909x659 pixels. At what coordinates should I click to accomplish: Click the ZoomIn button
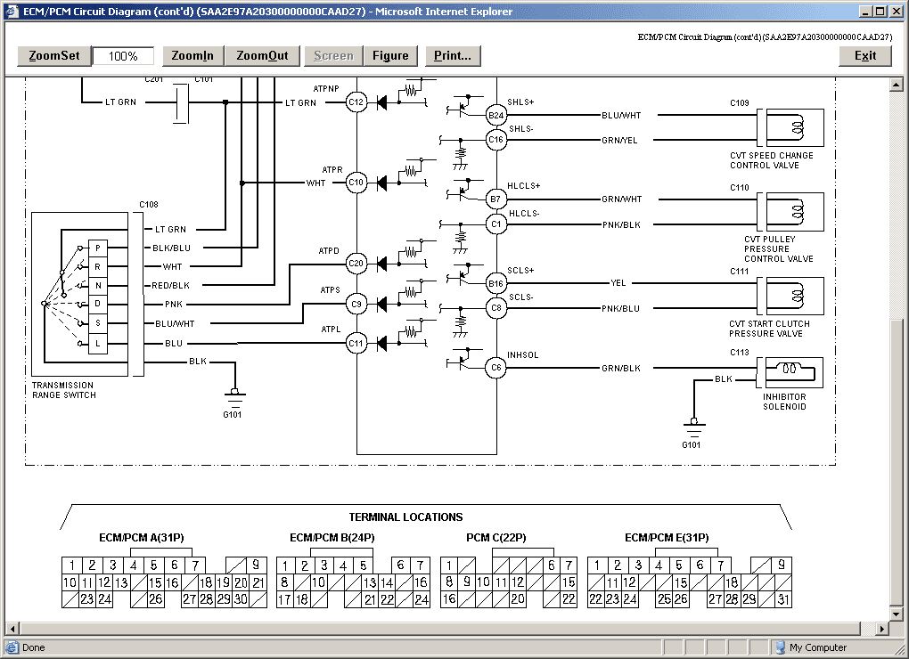(x=192, y=55)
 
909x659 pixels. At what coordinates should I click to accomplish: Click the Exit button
(x=865, y=55)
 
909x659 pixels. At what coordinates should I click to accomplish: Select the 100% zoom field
(x=123, y=56)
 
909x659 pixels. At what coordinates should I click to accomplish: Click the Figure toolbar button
(x=390, y=55)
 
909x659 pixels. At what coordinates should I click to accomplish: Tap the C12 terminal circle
(x=356, y=102)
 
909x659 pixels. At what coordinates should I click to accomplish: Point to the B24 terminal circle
(x=495, y=115)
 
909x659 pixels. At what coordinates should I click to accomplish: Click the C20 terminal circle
(x=356, y=264)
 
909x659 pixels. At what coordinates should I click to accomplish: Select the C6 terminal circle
(x=495, y=367)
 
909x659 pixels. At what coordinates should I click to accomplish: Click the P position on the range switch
(x=97, y=248)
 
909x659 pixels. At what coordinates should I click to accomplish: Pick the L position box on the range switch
(x=97, y=344)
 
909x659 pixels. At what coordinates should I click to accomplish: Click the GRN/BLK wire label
(x=621, y=369)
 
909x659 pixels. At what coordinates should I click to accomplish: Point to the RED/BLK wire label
(x=170, y=286)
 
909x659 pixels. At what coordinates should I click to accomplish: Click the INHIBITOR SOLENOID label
(x=784, y=402)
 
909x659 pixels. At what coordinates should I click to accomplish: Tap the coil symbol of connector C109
(x=797, y=127)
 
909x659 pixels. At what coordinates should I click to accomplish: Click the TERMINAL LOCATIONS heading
(x=405, y=517)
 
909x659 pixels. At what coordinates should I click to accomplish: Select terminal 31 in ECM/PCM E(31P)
(x=783, y=599)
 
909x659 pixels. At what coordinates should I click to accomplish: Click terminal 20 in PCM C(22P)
(x=518, y=599)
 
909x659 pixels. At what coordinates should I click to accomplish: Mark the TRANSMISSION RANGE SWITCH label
(x=64, y=390)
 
